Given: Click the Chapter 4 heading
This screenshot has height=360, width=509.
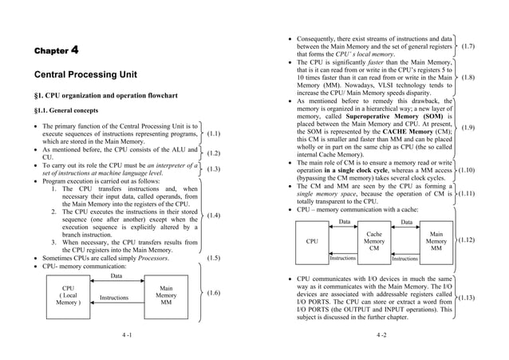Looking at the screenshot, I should click(56, 51).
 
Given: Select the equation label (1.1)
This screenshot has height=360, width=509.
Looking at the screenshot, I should click(214, 135).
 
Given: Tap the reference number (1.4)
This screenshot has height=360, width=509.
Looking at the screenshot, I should click(214, 216).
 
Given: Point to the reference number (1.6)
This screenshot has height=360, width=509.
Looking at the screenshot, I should click(214, 294).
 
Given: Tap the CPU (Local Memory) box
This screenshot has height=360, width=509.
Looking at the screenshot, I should click(69, 296).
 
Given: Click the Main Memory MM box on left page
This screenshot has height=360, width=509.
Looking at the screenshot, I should click(166, 296).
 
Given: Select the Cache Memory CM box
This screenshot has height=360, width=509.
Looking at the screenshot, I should click(373, 241).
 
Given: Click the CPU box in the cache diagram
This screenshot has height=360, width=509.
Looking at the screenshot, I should click(312, 240).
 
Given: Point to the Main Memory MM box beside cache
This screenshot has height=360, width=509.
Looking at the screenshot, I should click(436, 241).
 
